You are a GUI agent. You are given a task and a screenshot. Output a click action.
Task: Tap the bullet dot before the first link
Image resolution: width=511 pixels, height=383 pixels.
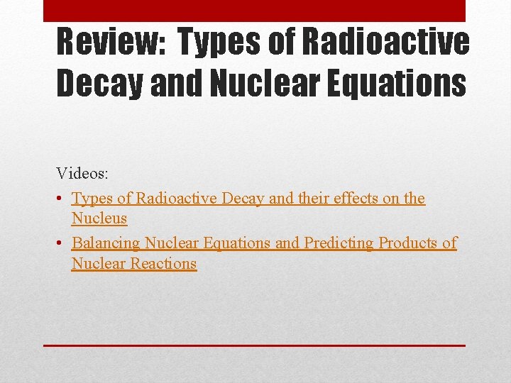(61, 199)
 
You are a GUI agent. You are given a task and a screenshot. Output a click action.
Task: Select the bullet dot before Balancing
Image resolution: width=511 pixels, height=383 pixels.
(61, 243)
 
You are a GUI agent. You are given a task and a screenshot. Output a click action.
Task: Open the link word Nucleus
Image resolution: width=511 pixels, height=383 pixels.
(99, 218)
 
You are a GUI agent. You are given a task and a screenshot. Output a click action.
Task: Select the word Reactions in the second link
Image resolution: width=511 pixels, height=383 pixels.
(164, 264)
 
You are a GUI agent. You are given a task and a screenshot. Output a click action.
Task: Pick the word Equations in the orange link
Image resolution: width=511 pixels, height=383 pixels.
(237, 243)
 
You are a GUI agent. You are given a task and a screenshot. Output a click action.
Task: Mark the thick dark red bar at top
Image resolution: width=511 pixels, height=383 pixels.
(254, 11)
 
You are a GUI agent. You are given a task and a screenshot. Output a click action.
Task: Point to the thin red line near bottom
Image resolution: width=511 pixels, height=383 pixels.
(254, 345)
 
